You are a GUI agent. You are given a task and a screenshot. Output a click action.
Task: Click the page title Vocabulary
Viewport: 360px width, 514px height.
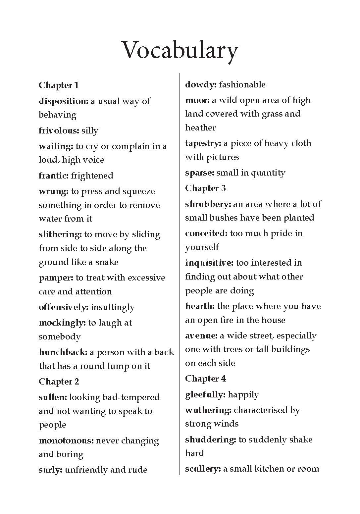click(x=180, y=51)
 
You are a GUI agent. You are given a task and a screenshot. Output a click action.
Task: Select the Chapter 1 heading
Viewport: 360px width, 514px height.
click(x=59, y=85)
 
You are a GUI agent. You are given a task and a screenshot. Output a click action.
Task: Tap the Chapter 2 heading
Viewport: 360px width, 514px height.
click(x=59, y=382)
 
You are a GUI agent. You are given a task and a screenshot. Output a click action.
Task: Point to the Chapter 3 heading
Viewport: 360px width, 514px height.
click(x=205, y=188)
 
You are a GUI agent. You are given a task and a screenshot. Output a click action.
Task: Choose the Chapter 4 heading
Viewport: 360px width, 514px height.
click(x=205, y=379)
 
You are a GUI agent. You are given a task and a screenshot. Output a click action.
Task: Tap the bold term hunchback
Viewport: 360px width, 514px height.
click(x=63, y=352)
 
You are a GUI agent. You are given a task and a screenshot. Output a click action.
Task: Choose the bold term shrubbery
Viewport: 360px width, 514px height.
click(x=208, y=204)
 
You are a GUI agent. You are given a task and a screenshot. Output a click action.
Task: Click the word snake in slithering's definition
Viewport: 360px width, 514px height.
click(x=107, y=262)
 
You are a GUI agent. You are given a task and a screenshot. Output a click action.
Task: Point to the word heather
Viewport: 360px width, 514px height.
click(x=200, y=128)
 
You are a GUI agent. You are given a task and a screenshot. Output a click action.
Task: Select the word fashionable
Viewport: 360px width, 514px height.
click(x=242, y=84)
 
